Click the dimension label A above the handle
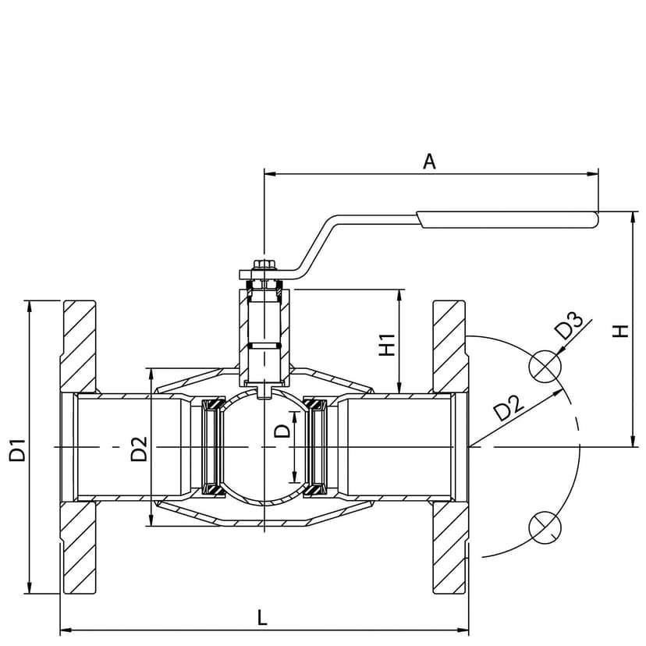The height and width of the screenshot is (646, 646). [x=429, y=161]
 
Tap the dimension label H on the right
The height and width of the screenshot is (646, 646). [x=620, y=331]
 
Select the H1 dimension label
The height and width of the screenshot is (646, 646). [x=385, y=345]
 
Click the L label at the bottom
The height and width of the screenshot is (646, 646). [x=262, y=618]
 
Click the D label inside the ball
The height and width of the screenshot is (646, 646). [x=283, y=430]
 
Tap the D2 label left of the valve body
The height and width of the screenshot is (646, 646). [x=139, y=449]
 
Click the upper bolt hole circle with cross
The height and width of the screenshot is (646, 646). [x=545, y=365]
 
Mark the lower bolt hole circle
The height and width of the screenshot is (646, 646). [x=544, y=526]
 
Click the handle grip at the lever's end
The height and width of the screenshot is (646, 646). [x=508, y=219]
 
